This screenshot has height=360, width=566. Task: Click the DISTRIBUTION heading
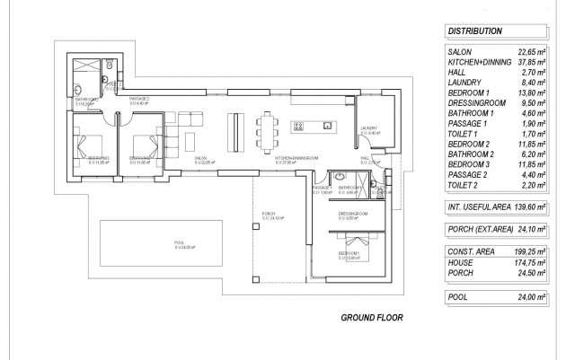coord(473,31)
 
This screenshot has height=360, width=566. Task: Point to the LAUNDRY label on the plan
coord(368,129)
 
